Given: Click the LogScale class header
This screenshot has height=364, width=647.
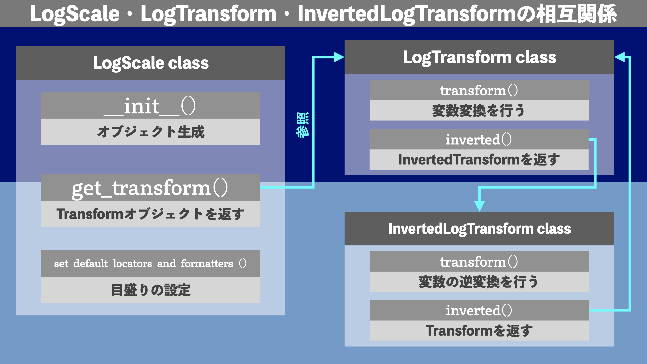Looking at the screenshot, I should (151, 63).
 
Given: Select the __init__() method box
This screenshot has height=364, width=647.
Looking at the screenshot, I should (150, 105).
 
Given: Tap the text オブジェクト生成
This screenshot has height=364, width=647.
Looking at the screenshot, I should (150, 132).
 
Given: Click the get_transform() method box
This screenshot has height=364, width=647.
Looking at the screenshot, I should (150, 188).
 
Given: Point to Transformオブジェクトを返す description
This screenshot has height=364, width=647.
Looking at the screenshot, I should (150, 214).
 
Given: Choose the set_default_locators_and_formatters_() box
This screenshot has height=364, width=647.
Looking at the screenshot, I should (150, 263).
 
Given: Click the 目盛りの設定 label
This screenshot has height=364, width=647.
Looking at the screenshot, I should (150, 290).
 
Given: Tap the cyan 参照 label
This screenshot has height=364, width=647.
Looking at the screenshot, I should (302, 125).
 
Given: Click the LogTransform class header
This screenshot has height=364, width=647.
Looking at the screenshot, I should (479, 57).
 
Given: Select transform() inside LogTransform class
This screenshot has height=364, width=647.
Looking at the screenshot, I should (479, 90).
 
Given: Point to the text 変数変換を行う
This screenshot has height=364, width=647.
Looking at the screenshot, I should (479, 111).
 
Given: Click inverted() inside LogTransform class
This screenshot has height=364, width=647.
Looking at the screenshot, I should (479, 139).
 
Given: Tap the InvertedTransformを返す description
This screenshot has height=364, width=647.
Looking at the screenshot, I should (479, 160).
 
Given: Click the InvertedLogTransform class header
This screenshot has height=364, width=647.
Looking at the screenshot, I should (479, 229).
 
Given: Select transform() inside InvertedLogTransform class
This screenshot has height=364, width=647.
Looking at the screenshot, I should (479, 262).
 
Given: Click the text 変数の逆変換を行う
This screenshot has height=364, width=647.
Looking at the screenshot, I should (479, 282).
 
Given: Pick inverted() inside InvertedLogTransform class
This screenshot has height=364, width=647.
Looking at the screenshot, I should (479, 310).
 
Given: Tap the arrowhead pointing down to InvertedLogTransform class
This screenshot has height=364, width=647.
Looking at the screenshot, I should (479, 206).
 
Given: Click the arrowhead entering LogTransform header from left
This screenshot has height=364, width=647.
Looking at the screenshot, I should (339, 57).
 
